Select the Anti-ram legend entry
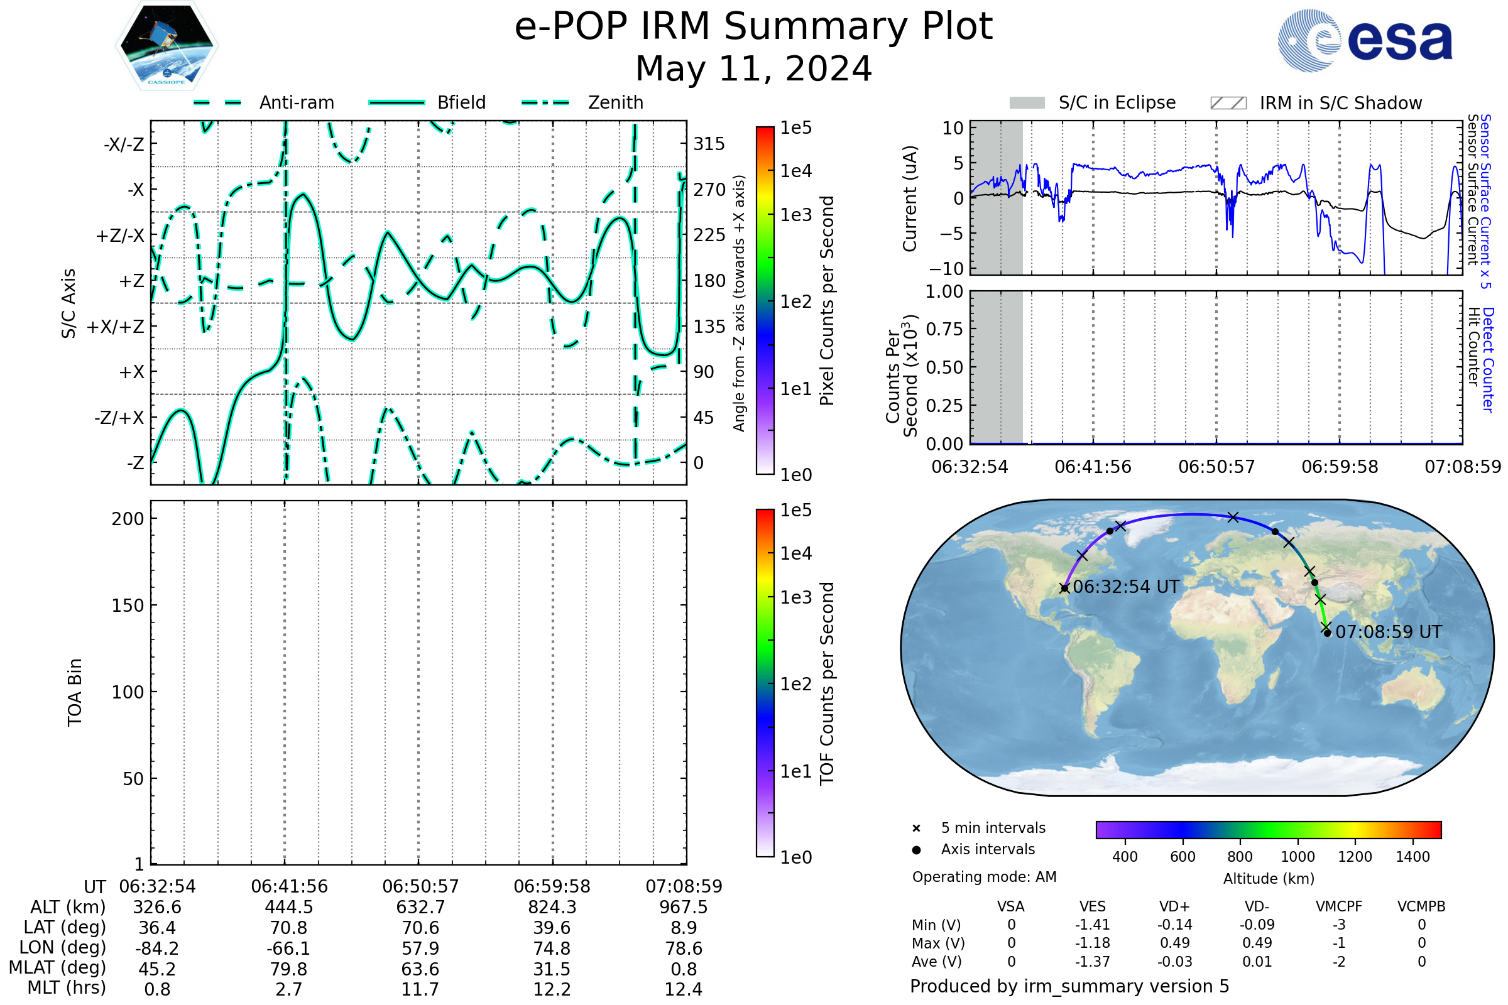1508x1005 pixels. (264, 102)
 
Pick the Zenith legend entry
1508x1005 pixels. (582, 102)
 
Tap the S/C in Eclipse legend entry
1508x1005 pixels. (1093, 103)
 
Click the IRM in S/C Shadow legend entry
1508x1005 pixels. (1316, 103)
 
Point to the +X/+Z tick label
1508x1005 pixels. (116, 327)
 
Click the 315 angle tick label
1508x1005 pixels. (709, 144)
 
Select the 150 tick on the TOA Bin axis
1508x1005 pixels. (128, 606)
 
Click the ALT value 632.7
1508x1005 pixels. (420, 908)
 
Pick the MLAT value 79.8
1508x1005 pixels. (289, 969)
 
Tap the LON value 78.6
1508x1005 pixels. (684, 948)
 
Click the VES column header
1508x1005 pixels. (1093, 907)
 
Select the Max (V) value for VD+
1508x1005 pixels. (1174, 943)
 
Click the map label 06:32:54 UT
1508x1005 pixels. (1126, 587)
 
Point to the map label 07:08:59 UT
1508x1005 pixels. (1389, 633)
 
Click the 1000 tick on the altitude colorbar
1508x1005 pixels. (1298, 857)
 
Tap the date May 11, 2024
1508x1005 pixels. (753, 68)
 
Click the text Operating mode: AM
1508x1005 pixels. (984, 877)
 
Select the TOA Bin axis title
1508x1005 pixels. (74, 692)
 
